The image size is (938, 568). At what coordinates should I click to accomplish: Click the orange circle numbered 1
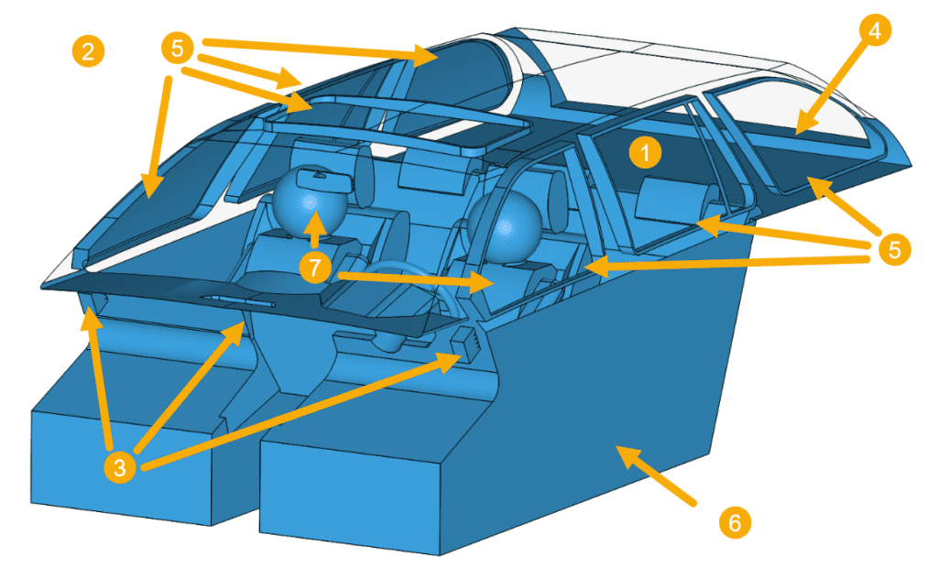coord(644,154)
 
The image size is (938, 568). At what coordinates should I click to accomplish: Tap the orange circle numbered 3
coord(120,467)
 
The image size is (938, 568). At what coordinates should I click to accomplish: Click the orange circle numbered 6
coord(733,523)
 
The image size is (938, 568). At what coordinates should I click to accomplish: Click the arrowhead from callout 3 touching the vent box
coord(450,360)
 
